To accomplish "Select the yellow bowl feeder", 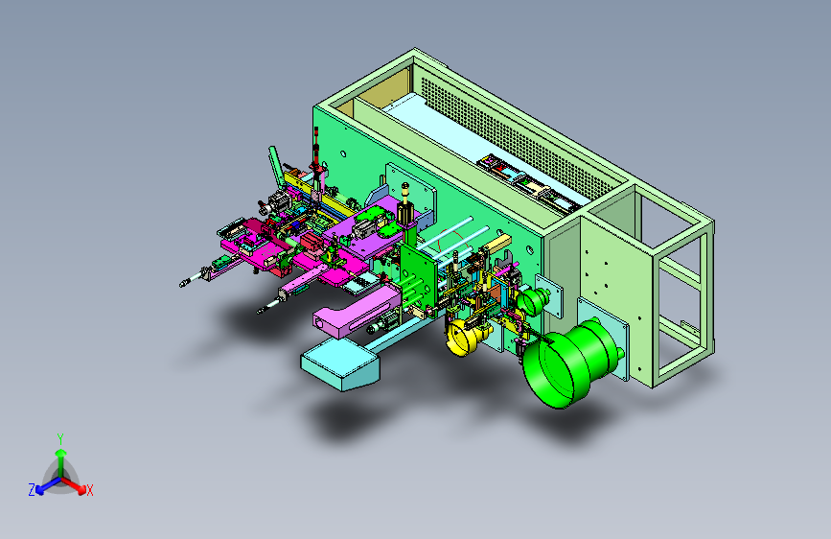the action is (462, 337).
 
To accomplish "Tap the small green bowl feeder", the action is (533, 301).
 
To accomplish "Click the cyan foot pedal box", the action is (340, 364).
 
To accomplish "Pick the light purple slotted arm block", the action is (357, 312).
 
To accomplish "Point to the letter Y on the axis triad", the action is (60, 439).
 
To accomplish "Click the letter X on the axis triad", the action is (89, 491).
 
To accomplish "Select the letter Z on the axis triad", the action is (32, 490).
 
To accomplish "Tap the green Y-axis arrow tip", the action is (61, 453).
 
